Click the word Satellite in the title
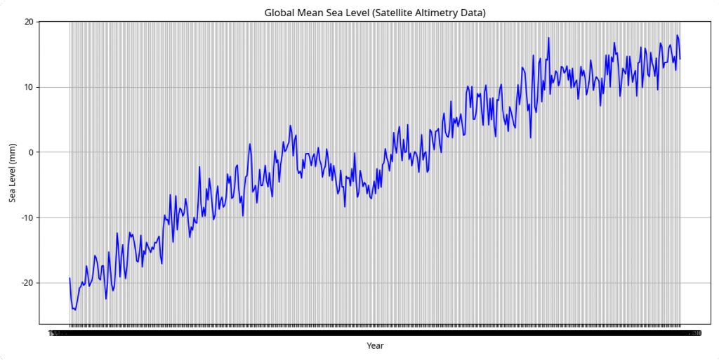406,13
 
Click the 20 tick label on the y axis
29,22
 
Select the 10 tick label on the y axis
29,87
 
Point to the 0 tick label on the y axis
31,152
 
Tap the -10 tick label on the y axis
27,218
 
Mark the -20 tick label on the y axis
27,283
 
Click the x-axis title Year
375,345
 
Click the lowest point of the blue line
76,309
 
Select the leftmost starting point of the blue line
70,279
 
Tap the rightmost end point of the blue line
680,59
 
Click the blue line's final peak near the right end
678,35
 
